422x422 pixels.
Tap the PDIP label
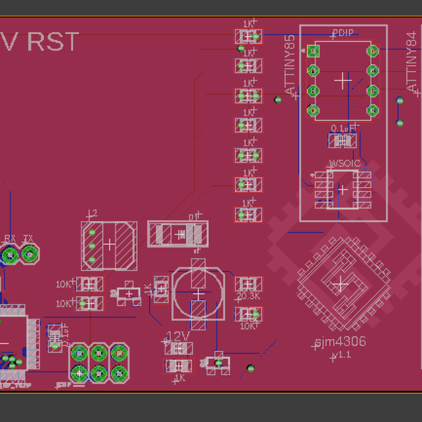pyautogui.click(x=343, y=33)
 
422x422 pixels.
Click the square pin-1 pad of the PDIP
pyautogui.click(x=313, y=51)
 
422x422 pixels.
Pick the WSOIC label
pyautogui.click(x=344, y=162)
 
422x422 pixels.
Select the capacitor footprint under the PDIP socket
pyautogui.click(x=343, y=141)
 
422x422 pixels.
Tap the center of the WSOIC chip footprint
pyautogui.click(x=343, y=189)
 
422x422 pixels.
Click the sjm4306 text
pyautogui.click(x=340, y=343)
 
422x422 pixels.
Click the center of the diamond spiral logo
pyautogui.click(x=340, y=284)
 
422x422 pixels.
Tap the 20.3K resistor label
pyautogui.click(x=248, y=296)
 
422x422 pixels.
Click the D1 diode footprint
pyautogui.click(x=178, y=234)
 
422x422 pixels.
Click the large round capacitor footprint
pyautogui.click(x=200, y=292)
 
